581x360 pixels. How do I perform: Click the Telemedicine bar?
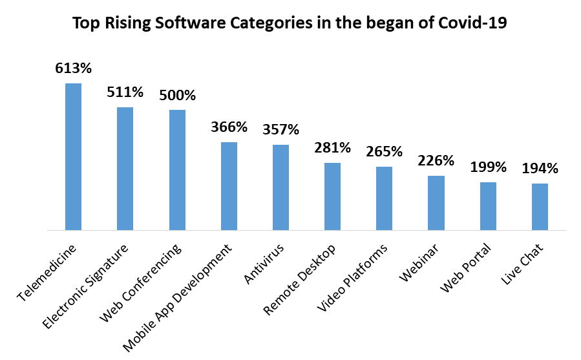coord(73,156)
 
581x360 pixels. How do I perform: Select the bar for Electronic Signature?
coord(125,168)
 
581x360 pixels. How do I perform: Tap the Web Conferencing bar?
coord(177,169)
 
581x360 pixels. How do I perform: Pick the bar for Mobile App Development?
coord(229,185)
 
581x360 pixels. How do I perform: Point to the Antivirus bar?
coord(280,187)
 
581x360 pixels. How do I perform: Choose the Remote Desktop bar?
coord(332,196)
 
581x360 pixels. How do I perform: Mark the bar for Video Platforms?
coord(384,198)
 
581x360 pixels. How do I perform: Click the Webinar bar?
coord(436,202)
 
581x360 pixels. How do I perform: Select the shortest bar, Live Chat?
coord(540,206)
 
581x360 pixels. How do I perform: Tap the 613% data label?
coord(73,67)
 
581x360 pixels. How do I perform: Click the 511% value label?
coord(125,91)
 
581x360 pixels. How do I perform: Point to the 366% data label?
coord(229,126)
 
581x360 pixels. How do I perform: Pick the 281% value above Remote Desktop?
coord(332,147)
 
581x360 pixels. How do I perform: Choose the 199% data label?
coord(488,167)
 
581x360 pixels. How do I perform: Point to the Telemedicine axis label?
coord(48,272)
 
